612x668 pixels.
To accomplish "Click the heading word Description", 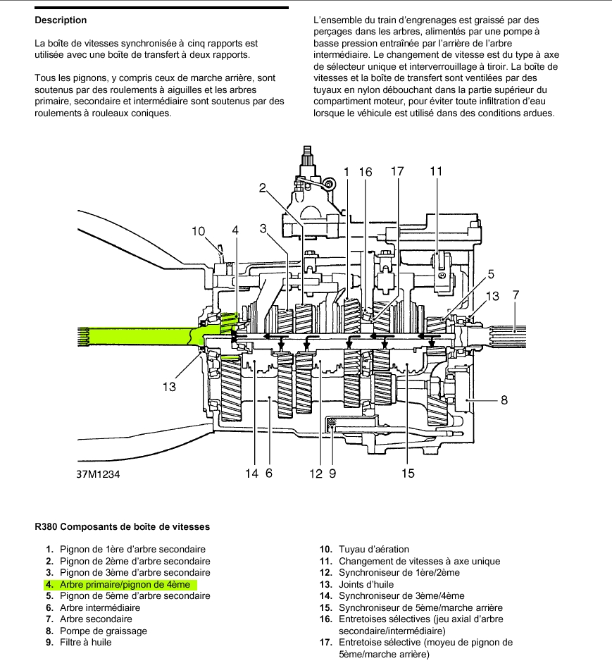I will [61, 20].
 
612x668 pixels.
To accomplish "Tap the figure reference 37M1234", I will [99, 474].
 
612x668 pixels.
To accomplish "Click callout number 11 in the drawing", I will [436, 171].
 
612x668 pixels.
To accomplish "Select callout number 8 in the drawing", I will [504, 401].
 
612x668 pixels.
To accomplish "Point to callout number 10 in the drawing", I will [198, 231].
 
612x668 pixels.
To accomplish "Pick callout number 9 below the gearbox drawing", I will [332, 474].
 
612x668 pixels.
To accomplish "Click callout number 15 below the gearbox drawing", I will [408, 474].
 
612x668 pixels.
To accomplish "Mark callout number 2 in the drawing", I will [262, 188].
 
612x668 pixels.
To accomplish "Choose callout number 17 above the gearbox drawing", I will [397, 171].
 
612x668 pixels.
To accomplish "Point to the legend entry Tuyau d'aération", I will [373, 549].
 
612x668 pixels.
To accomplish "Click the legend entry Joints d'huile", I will [366, 584].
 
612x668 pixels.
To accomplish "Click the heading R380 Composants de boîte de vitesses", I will [122, 526].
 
